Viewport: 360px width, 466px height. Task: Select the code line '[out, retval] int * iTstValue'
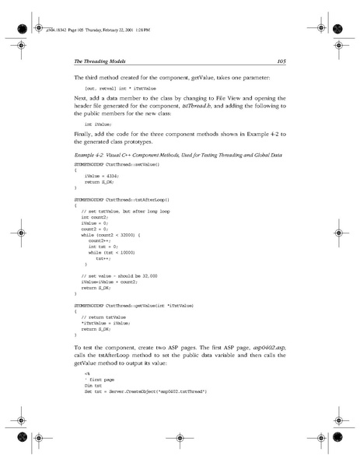pyautogui.click(x=124, y=89)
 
